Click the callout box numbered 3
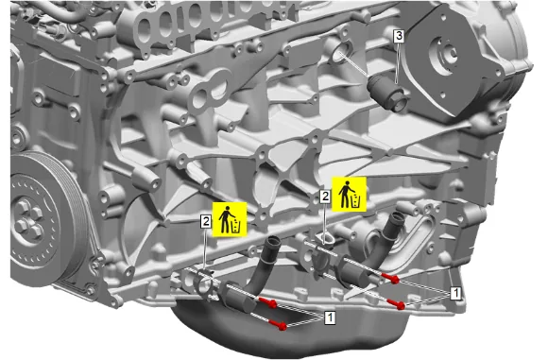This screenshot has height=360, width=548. [399, 36]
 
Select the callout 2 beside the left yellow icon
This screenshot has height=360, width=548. [206, 221]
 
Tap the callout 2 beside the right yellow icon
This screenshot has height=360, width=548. [325, 197]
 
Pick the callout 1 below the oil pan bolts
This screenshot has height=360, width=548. [331, 317]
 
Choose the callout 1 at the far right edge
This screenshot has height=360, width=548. [455, 293]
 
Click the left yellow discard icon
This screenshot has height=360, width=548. [230, 219]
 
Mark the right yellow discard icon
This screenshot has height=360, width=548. [349, 194]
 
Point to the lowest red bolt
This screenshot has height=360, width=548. [279, 325]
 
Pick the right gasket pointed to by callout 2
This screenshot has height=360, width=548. [323, 239]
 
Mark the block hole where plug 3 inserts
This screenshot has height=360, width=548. [339, 55]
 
